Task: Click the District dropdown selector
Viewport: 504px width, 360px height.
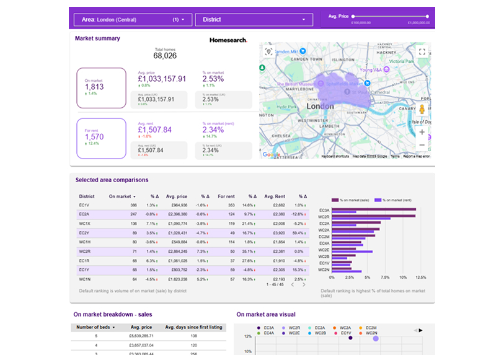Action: coord(253,20)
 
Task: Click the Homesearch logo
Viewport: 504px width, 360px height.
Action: coord(228,40)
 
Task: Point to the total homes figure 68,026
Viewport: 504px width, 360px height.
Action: coord(165,56)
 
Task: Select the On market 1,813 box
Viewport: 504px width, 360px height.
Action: coord(101,87)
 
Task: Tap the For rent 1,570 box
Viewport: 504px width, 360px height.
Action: coord(101,138)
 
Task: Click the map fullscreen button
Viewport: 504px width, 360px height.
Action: coord(422,52)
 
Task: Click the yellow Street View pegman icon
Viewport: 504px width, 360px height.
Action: coord(422,110)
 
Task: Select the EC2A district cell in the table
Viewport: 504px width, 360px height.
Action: coord(84,214)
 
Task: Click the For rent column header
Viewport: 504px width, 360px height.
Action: coord(226,196)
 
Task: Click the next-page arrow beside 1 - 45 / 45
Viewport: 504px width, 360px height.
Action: coord(304,284)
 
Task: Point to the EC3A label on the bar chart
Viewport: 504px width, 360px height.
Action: coord(323,210)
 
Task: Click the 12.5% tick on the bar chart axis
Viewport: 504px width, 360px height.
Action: coord(420,277)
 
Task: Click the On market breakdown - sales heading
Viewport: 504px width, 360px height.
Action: coord(113,314)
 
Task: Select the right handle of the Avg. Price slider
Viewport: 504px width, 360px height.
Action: coord(427,16)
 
